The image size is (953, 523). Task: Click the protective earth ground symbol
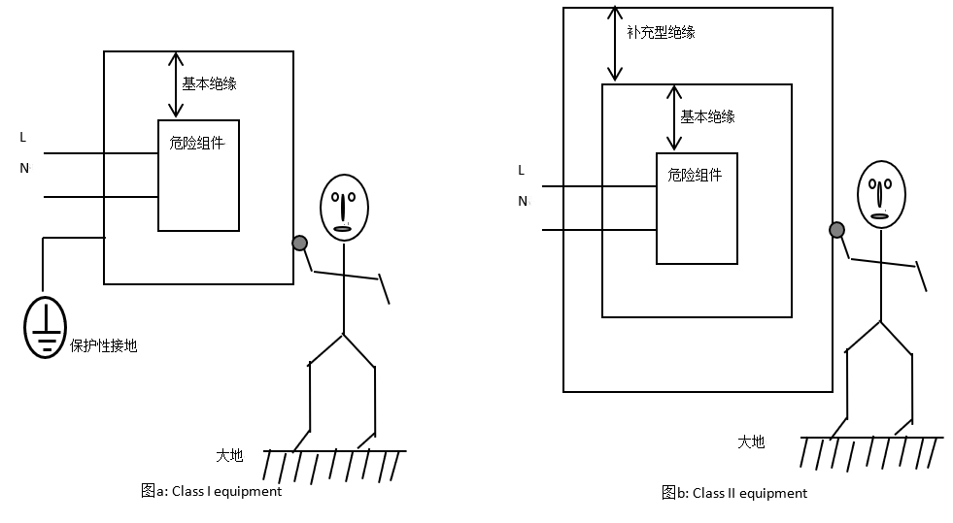(x=45, y=327)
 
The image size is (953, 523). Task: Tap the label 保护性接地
(x=104, y=345)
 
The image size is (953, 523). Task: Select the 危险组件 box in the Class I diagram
(x=198, y=176)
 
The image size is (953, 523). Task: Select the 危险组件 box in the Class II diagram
(x=696, y=209)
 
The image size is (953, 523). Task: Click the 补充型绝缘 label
(x=662, y=32)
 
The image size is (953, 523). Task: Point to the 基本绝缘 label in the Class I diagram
(x=209, y=83)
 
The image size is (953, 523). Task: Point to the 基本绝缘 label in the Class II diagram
(x=707, y=116)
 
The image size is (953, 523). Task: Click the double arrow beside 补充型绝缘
(x=615, y=44)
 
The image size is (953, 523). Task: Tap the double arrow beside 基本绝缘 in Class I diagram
(x=175, y=84)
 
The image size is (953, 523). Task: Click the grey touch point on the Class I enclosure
(x=299, y=243)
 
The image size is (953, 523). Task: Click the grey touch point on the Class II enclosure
(x=836, y=230)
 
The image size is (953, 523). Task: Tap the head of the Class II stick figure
(x=881, y=194)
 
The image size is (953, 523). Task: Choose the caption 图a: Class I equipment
(x=211, y=491)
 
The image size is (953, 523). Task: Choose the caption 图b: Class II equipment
(x=734, y=493)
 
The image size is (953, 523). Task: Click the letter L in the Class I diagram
(x=23, y=138)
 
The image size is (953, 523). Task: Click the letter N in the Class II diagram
(x=523, y=201)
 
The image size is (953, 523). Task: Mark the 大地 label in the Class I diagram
(x=229, y=455)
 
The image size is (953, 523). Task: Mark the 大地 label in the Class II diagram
(x=751, y=441)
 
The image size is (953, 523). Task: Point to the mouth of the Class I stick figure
(x=343, y=228)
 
